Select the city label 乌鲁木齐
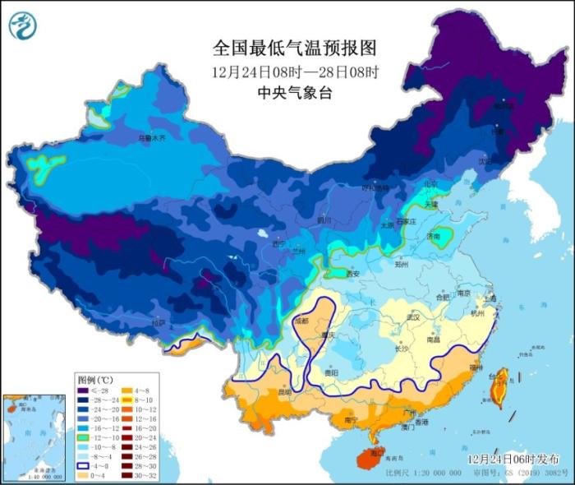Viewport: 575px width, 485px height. [x=151, y=139]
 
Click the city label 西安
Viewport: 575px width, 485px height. [x=354, y=274]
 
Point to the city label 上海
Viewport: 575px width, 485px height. [x=490, y=298]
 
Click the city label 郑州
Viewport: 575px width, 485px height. [x=402, y=266]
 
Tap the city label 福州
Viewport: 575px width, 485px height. [x=477, y=367]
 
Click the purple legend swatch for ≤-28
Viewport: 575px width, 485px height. [x=85, y=392]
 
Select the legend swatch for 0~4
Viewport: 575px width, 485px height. [x=85, y=474]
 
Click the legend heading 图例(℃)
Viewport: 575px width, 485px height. [x=95, y=381]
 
